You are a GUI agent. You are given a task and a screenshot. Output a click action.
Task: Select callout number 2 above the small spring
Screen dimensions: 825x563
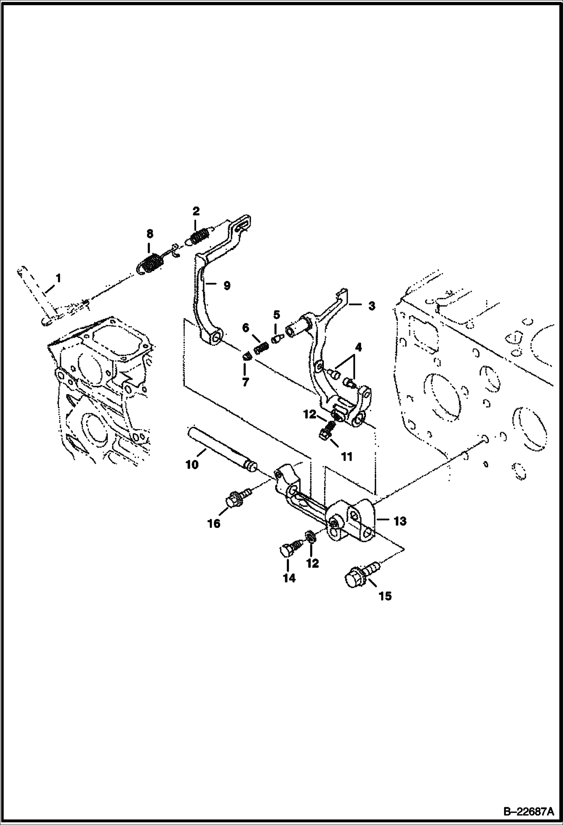(196, 211)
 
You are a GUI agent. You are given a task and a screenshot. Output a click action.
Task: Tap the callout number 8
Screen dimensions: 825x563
(150, 234)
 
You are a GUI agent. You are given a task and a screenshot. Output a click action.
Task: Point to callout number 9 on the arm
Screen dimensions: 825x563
(227, 285)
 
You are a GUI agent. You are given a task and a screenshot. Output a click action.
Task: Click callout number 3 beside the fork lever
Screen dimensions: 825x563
(371, 306)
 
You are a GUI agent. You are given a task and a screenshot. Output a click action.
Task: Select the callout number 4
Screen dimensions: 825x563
(358, 347)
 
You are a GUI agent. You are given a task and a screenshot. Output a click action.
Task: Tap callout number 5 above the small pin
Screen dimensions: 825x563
(276, 314)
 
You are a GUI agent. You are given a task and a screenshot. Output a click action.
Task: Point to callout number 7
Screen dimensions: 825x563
(245, 383)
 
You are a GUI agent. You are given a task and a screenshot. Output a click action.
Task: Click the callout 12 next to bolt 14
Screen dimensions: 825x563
(312, 563)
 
